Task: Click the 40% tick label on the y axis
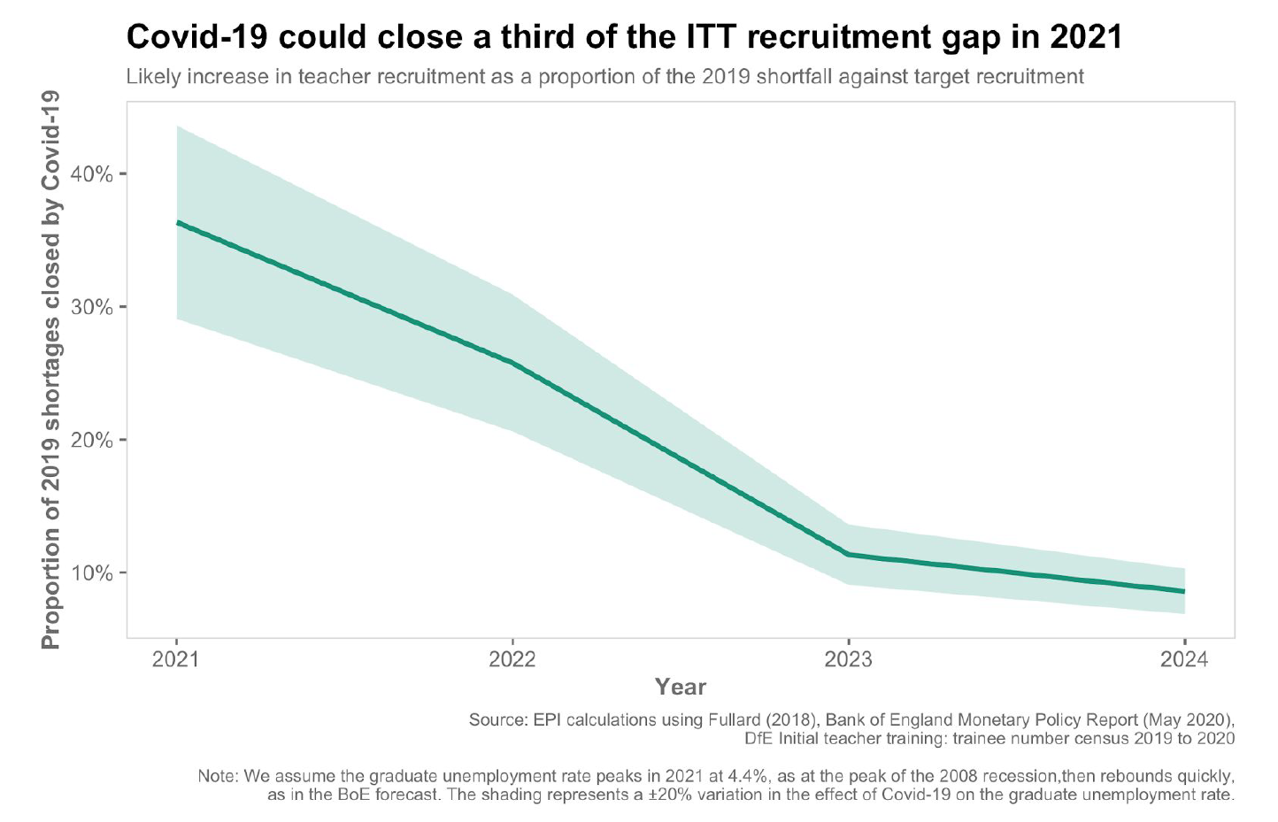tap(92, 174)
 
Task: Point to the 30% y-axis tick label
tap(92, 307)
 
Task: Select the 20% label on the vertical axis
tap(92, 440)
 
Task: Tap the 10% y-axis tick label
tap(92, 573)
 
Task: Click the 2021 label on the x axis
tap(176, 660)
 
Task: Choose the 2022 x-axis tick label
tap(512, 660)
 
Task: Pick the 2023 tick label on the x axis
tap(848, 660)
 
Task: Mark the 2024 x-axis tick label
tap(1184, 660)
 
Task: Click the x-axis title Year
tap(681, 687)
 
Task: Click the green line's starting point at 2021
tap(177, 222)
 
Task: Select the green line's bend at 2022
tap(512, 362)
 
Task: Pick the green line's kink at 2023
tap(848, 554)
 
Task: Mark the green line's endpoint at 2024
tap(1184, 591)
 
